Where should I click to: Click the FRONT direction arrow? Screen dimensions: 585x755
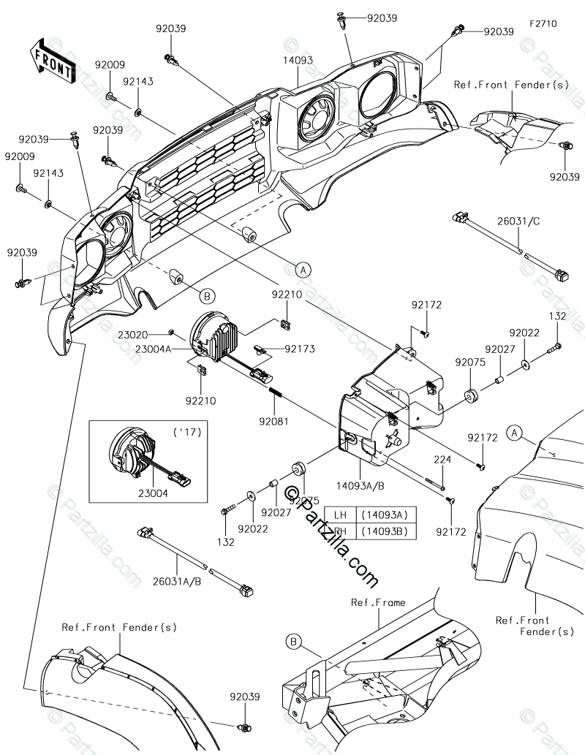click(x=52, y=60)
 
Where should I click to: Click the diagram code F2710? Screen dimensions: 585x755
click(x=543, y=23)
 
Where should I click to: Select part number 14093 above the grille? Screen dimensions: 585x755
click(x=298, y=60)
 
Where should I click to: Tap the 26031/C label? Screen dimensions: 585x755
click(x=518, y=221)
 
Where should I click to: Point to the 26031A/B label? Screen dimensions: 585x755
click(x=177, y=581)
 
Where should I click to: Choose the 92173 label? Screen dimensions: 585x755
click(x=300, y=349)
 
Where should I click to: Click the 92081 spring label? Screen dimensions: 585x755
click(x=273, y=421)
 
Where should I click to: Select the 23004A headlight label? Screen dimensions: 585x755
click(x=154, y=349)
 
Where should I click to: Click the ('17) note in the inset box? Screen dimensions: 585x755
click(x=187, y=431)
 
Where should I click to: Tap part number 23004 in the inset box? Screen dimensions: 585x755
click(x=153, y=493)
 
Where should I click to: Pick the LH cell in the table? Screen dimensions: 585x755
click(x=340, y=515)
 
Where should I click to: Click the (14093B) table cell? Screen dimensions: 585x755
click(x=385, y=531)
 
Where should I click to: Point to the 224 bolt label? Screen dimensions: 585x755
click(x=442, y=459)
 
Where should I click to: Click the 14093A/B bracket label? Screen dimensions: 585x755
click(x=361, y=486)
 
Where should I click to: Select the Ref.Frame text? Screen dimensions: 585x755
click(x=378, y=602)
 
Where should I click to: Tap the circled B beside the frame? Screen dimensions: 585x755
click(x=294, y=642)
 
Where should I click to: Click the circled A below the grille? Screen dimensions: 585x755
click(x=303, y=270)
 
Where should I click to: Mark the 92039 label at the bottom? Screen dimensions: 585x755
click(x=245, y=697)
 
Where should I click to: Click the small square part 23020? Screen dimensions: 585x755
click(x=170, y=331)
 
